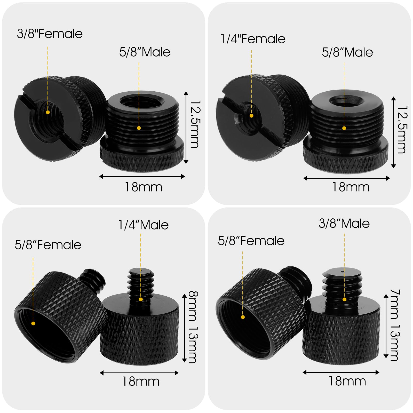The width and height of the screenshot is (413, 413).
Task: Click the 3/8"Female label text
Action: (x=50, y=34)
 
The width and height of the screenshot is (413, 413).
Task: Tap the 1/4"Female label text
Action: (x=253, y=39)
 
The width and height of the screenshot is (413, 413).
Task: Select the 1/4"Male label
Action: (x=144, y=225)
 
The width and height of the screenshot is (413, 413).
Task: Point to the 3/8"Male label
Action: (x=344, y=223)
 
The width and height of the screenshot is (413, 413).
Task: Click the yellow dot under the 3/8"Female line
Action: (x=48, y=112)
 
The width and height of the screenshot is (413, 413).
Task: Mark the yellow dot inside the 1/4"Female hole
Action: (x=251, y=116)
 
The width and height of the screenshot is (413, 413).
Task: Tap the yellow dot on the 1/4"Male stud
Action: (x=141, y=299)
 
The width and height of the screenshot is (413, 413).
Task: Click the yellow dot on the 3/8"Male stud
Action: (x=344, y=299)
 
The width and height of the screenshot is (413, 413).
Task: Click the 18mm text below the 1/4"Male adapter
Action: (x=141, y=381)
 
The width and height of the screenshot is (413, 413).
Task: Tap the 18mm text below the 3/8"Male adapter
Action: (x=347, y=381)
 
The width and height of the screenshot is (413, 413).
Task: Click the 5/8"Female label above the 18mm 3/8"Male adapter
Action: (x=251, y=241)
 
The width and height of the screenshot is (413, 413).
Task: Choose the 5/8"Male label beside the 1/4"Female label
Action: (x=347, y=52)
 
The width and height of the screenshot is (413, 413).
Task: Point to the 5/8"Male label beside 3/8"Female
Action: (x=145, y=52)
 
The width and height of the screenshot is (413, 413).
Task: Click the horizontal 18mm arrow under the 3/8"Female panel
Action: (x=142, y=177)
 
